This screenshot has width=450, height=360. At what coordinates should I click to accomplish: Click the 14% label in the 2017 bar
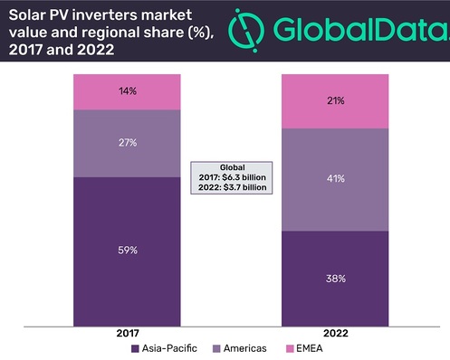[127, 91]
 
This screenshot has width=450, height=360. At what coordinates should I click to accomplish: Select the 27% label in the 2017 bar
[127, 142]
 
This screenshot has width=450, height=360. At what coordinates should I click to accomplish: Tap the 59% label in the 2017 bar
[127, 250]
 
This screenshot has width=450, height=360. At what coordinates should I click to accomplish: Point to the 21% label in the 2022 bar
[335, 100]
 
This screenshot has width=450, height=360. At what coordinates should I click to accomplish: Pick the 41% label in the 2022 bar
[335, 179]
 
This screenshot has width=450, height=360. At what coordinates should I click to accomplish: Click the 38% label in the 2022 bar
[335, 278]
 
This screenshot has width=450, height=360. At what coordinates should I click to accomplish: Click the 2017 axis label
[127, 333]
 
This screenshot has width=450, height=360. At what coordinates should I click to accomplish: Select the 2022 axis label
[335, 333]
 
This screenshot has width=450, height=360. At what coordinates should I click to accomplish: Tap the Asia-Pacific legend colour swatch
[134, 348]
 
